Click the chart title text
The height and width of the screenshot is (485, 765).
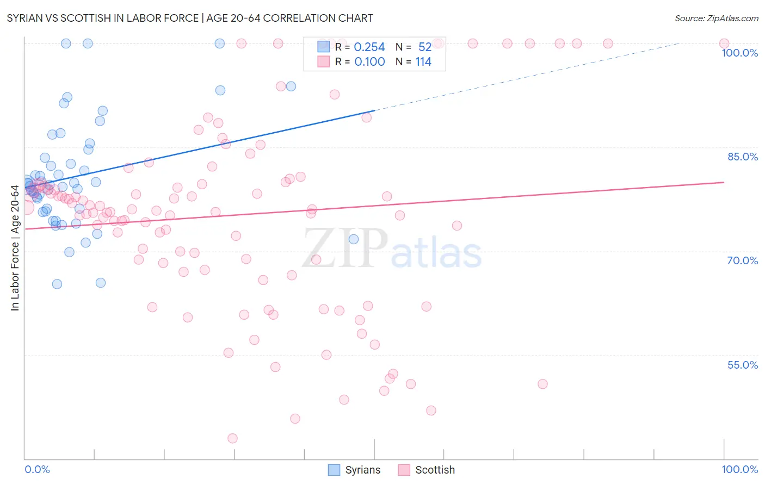(x=190, y=18)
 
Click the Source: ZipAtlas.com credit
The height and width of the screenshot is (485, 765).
(x=716, y=18)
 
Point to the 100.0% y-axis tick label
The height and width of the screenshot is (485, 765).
(x=739, y=53)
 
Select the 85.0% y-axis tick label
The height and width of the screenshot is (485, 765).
(x=742, y=157)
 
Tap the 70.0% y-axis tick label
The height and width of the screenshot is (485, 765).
(x=742, y=260)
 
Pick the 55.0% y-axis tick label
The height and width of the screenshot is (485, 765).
(x=742, y=365)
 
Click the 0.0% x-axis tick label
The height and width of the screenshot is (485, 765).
(x=37, y=469)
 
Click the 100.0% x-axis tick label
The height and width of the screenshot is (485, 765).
(x=739, y=469)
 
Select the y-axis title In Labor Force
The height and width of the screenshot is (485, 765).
(x=15, y=248)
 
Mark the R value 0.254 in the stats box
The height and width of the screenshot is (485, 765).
(x=369, y=47)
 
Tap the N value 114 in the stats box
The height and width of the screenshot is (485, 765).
(x=423, y=62)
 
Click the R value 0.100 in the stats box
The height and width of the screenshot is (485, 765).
(x=369, y=62)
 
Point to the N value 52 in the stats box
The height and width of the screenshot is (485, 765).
(x=425, y=47)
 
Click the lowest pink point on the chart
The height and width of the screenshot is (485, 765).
(x=232, y=438)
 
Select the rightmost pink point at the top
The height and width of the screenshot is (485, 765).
(x=724, y=43)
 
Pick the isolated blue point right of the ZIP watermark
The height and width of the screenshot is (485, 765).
(x=354, y=239)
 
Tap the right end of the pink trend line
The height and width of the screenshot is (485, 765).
(x=724, y=182)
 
